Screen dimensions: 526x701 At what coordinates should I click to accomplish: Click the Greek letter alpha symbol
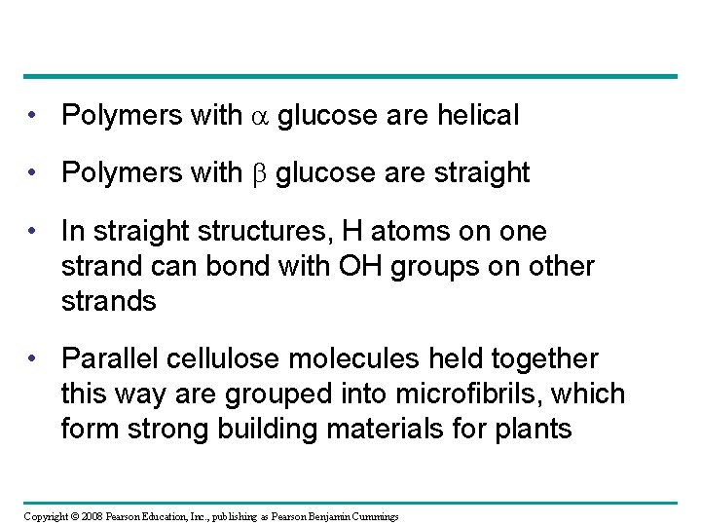[258, 117]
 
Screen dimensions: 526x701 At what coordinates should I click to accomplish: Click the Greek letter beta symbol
[258, 174]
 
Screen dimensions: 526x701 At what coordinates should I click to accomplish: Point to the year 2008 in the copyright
[82, 514]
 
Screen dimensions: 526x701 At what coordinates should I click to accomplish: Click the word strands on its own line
[108, 301]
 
